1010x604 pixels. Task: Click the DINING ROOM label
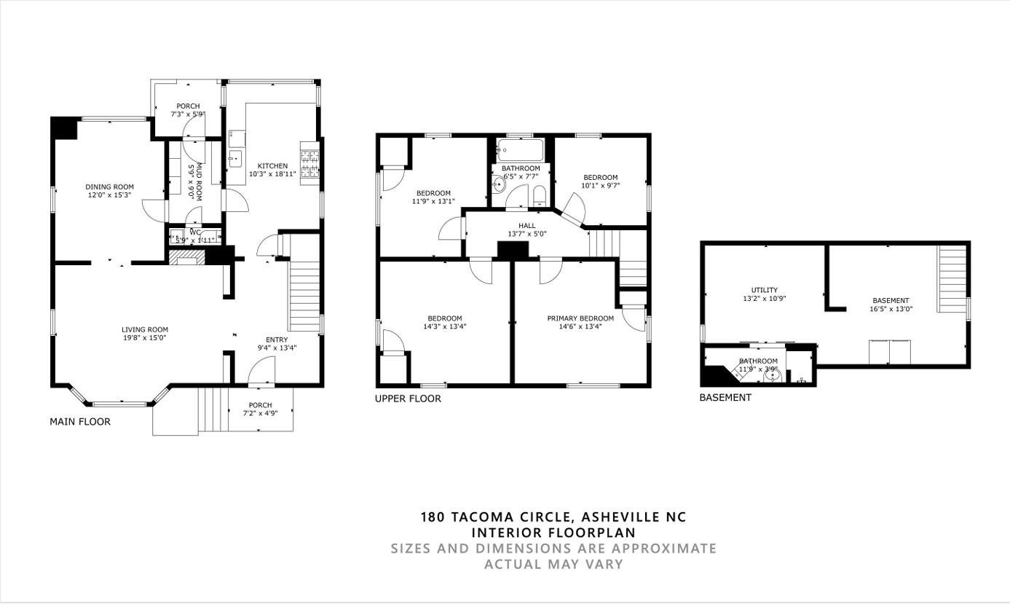click(x=109, y=187)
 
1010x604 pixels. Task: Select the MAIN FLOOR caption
click(x=80, y=422)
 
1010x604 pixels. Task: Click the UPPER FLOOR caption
click(x=408, y=399)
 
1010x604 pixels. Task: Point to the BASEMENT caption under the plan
click(x=725, y=398)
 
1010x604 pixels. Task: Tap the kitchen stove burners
click(x=309, y=164)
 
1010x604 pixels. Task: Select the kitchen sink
click(x=235, y=158)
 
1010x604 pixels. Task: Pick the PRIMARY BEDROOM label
click(x=580, y=318)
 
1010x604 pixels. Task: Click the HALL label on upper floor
click(x=526, y=226)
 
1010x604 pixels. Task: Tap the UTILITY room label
click(x=764, y=290)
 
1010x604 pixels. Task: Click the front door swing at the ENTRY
click(x=261, y=373)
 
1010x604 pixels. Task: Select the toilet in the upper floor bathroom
click(x=540, y=195)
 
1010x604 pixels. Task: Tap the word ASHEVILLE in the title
click(x=620, y=517)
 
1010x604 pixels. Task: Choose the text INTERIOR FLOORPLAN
click(x=553, y=533)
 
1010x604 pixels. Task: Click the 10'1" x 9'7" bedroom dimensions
click(x=600, y=186)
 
